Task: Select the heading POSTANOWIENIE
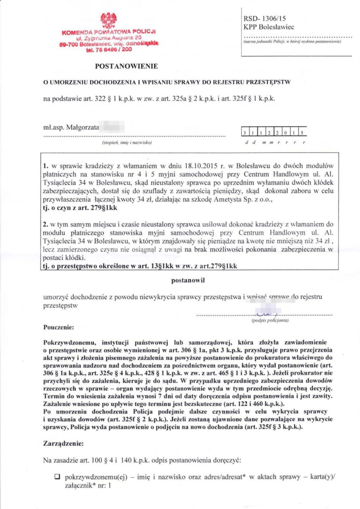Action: [126, 66]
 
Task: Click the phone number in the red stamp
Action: [109, 49]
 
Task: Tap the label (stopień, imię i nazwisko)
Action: [127, 143]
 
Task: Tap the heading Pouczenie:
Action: [59, 327]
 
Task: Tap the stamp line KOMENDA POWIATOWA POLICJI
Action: [109, 32]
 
